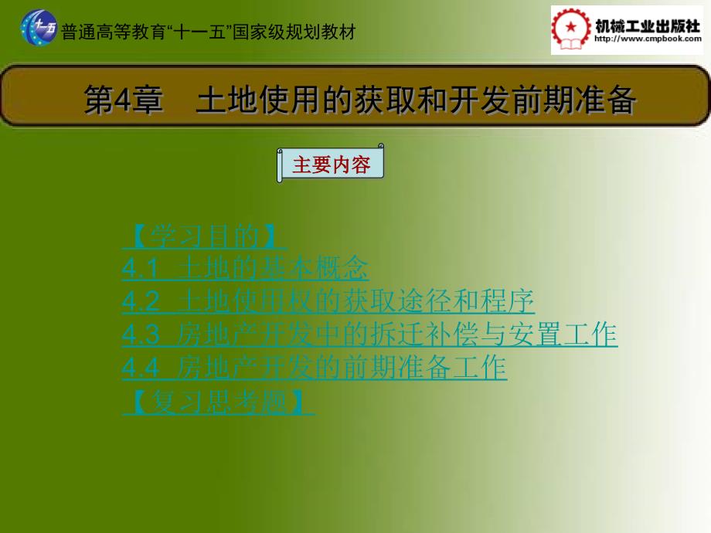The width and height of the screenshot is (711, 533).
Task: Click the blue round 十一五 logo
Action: pyautogui.click(x=38, y=29)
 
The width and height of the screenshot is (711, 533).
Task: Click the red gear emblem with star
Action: pyautogui.click(x=570, y=30)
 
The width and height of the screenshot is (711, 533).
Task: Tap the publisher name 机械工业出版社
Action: pyautogui.click(x=646, y=24)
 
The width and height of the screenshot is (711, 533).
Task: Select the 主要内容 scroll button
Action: pyautogui.click(x=331, y=165)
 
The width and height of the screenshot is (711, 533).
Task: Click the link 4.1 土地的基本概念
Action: pyautogui.click(x=245, y=269)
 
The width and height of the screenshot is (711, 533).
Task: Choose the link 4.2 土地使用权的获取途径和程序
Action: pyautogui.click(x=328, y=302)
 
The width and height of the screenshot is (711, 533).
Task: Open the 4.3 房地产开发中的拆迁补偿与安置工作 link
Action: pyautogui.click(x=369, y=335)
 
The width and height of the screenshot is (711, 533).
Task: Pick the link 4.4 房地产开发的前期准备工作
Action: pyautogui.click(x=314, y=368)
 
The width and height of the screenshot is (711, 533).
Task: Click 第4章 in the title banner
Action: pyautogui.click(x=124, y=100)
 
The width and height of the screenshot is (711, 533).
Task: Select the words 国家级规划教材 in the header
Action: pyautogui.click(x=306, y=32)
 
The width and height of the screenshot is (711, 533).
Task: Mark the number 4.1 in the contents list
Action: pyautogui.click(x=140, y=270)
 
